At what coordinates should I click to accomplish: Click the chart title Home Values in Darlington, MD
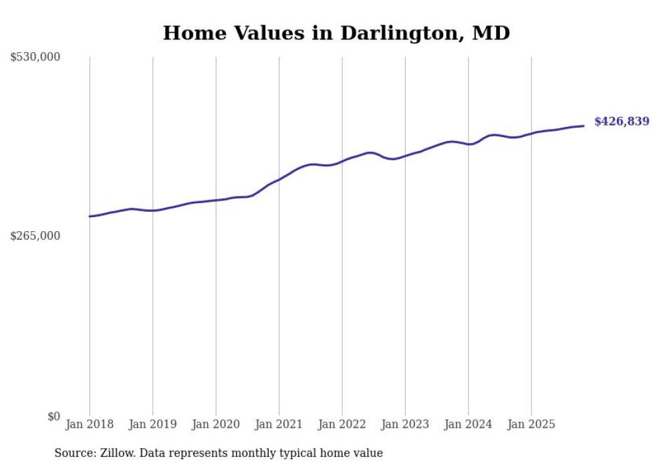click(336, 33)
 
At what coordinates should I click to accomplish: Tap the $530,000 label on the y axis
click(35, 57)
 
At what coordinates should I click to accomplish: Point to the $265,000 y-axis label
click(35, 236)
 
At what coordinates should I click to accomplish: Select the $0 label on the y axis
click(53, 416)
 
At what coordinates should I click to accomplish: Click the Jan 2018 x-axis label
click(90, 424)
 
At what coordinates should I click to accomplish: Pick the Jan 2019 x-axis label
click(152, 424)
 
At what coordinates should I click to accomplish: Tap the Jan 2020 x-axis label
click(216, 424)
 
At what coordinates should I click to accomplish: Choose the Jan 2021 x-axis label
click(279, 424)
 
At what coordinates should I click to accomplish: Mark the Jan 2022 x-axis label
click(342, 424)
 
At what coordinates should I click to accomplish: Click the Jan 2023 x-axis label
click(405, 424)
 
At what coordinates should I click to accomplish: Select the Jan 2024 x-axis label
click(468, 424)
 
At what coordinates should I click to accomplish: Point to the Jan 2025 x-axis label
click(531, 424)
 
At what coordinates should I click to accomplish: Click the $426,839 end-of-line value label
click(622, 122)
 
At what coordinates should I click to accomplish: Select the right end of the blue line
click(583, 126)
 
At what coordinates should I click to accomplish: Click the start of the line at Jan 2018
click(90, 216)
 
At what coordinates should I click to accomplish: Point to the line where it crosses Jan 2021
click(279, 179)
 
